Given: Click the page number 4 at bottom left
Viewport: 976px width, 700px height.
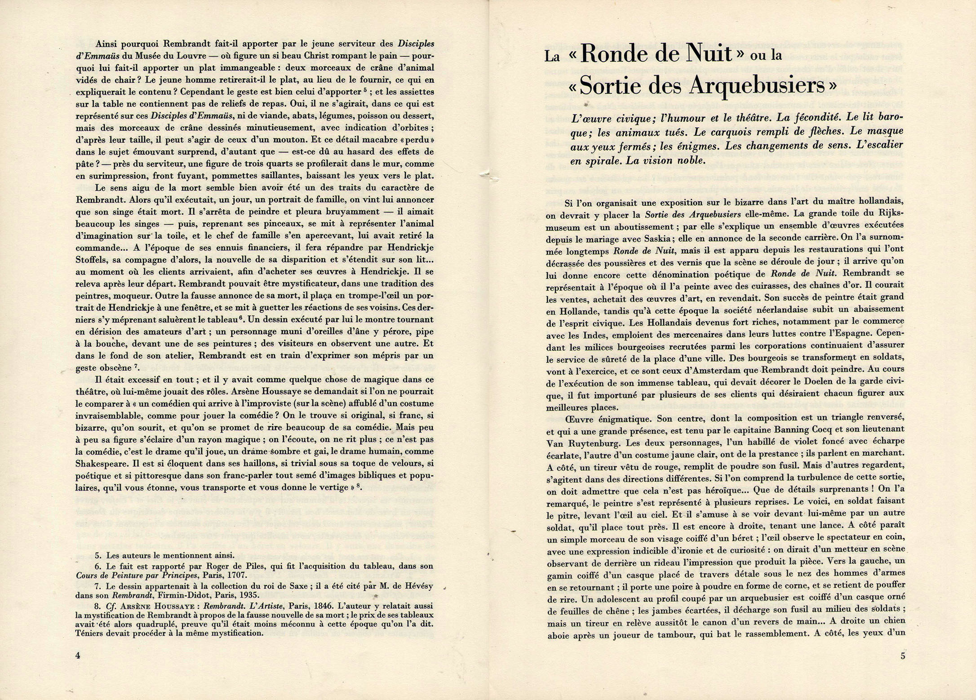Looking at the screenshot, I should (x=78, y=655).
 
